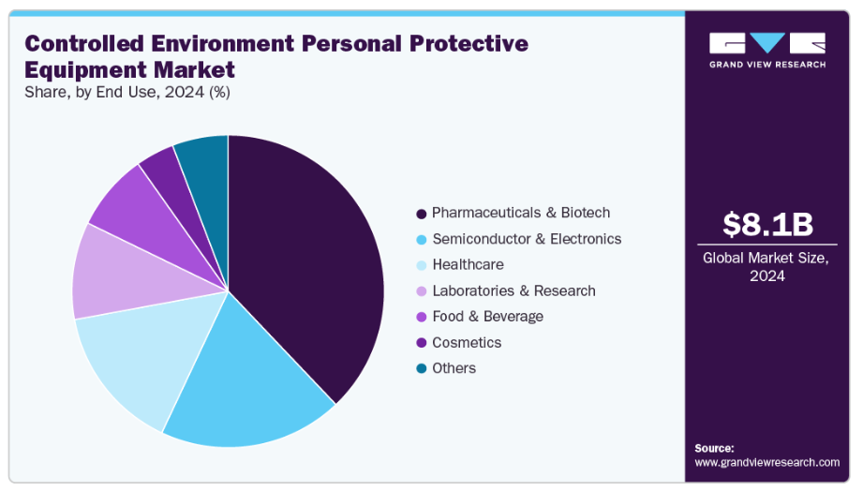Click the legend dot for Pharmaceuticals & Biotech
click(x=422, y=214)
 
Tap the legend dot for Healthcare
click(x=422, y=265)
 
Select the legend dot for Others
click(x=422, y=369)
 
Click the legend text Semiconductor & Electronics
click(x=526, y=239)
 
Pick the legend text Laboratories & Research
click(x=513, y=290)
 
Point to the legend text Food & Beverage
click(x=487, y=317)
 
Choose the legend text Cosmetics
click(x=467, y=343)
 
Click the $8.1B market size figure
click(x=767, y=224)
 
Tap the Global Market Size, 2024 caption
click(x=767, y=267)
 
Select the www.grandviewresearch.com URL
click(x=766, y=463)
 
